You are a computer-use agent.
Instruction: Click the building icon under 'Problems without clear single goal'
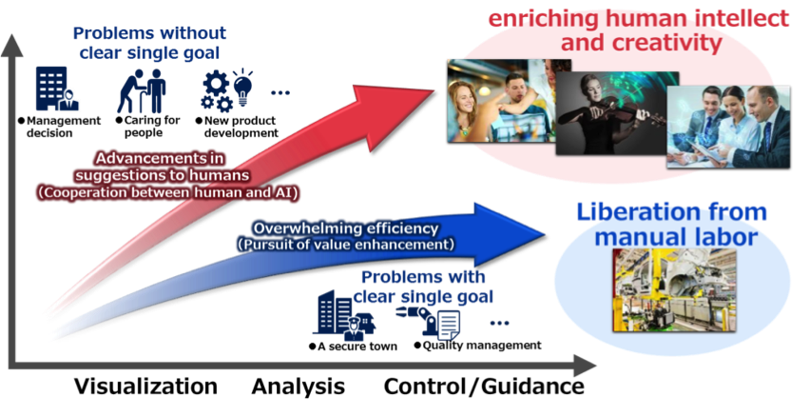pyautogui.click(x=51, y=89)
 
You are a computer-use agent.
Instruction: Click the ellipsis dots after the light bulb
pyautogui.click(x=280, y=92)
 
